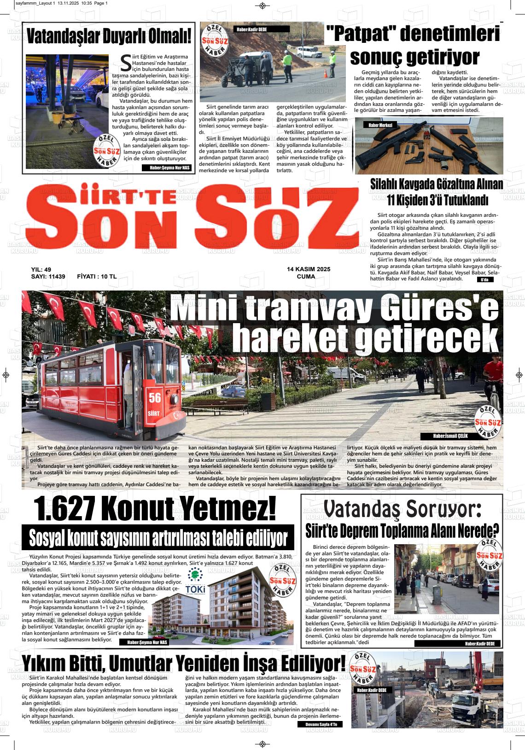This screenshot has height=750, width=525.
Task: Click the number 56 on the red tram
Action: (154, 397)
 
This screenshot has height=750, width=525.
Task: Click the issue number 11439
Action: (55, 277)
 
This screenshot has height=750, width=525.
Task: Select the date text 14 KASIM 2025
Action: (308, 269)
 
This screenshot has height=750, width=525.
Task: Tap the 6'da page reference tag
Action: (484, 279)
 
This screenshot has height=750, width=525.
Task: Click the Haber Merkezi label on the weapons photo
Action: (380, 125)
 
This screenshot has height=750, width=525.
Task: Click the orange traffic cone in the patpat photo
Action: (326, 74)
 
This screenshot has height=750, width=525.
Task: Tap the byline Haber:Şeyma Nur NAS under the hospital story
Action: (169, 168)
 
